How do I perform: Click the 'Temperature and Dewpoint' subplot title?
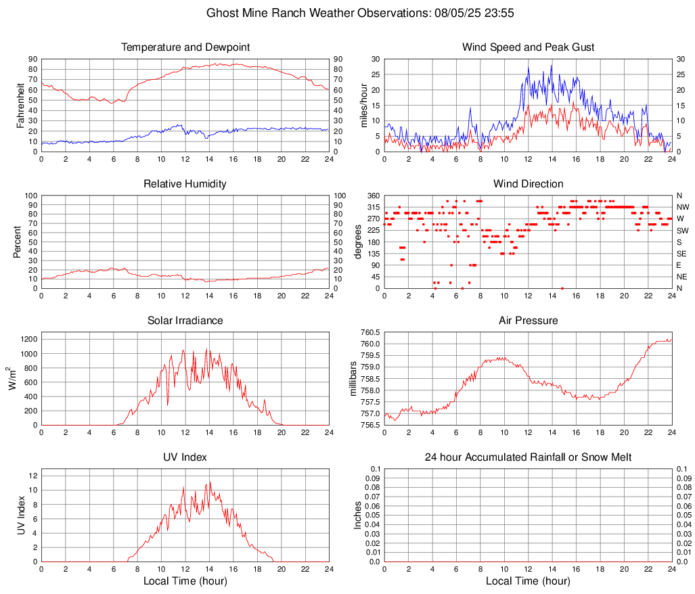185,47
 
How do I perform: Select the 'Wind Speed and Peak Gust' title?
528,47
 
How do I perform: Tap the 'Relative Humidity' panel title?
185,184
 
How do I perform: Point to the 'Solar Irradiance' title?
185,321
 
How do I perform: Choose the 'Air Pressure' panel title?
528,321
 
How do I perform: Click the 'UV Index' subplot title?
185,457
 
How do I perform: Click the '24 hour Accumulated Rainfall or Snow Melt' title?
528,457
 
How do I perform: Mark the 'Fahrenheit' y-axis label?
20,106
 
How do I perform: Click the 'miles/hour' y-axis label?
363,106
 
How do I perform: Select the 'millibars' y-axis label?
353,379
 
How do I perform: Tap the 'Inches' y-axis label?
358,516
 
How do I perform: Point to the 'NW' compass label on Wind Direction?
683,207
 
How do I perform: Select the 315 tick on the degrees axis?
374,207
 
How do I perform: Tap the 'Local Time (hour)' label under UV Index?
185,581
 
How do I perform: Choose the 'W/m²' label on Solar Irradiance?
12,379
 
